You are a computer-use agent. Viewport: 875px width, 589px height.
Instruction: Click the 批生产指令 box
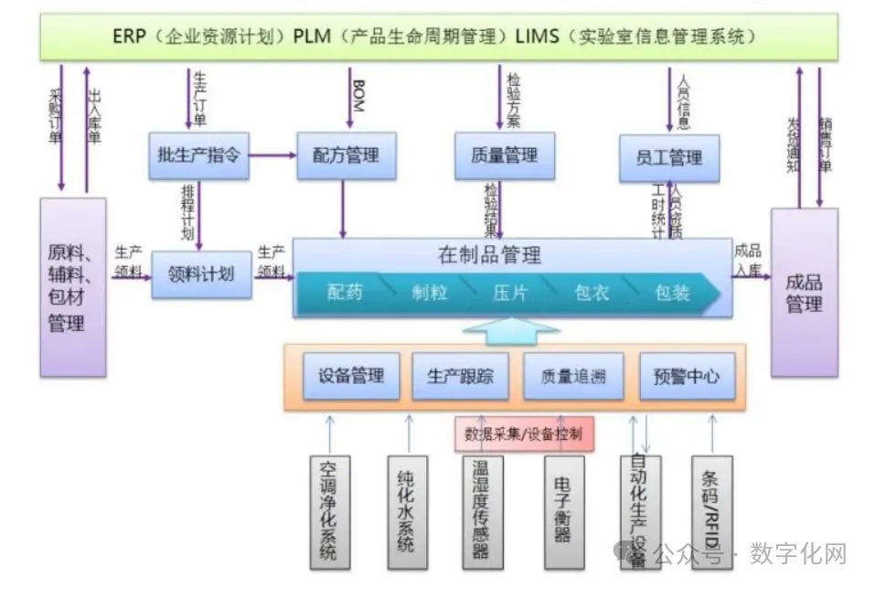pyautogui.click(x=198, y=155)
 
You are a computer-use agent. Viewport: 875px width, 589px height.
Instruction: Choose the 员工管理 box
pyautogui.click(x=669, y=158)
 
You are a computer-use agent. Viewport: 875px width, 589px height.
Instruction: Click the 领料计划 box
pyautogui.click(x=201, y=273)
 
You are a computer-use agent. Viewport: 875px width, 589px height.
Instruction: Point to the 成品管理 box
pyautogui.click(x=804, y=293)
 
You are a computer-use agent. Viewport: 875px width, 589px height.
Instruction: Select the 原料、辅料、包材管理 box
pyautogui.click(x=73, y=287)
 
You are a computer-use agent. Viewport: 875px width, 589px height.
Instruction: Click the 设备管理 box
pyautogui.click(x=351, y=375)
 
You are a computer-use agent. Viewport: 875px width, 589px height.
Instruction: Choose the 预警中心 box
pyautogui.click(x=686, y=375)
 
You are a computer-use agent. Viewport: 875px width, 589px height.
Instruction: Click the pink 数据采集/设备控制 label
pyautogui.click(x=523, y=434)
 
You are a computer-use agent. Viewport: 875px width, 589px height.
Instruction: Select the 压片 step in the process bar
pyautogui.click(x=510, y=294)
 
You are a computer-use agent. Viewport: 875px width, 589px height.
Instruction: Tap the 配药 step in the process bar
pyautogui.click(x=345, y=294)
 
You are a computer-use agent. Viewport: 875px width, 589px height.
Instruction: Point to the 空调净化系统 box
pyautogui.click(x=328, y=509)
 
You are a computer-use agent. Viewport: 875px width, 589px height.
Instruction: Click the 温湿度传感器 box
pyautogui.click(x=481, y=509)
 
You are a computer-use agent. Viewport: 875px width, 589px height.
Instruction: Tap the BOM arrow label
pyautogui.click(x=357, y=97)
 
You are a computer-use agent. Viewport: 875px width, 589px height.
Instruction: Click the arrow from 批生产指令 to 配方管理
pyautogui.click(x=272, y=155)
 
